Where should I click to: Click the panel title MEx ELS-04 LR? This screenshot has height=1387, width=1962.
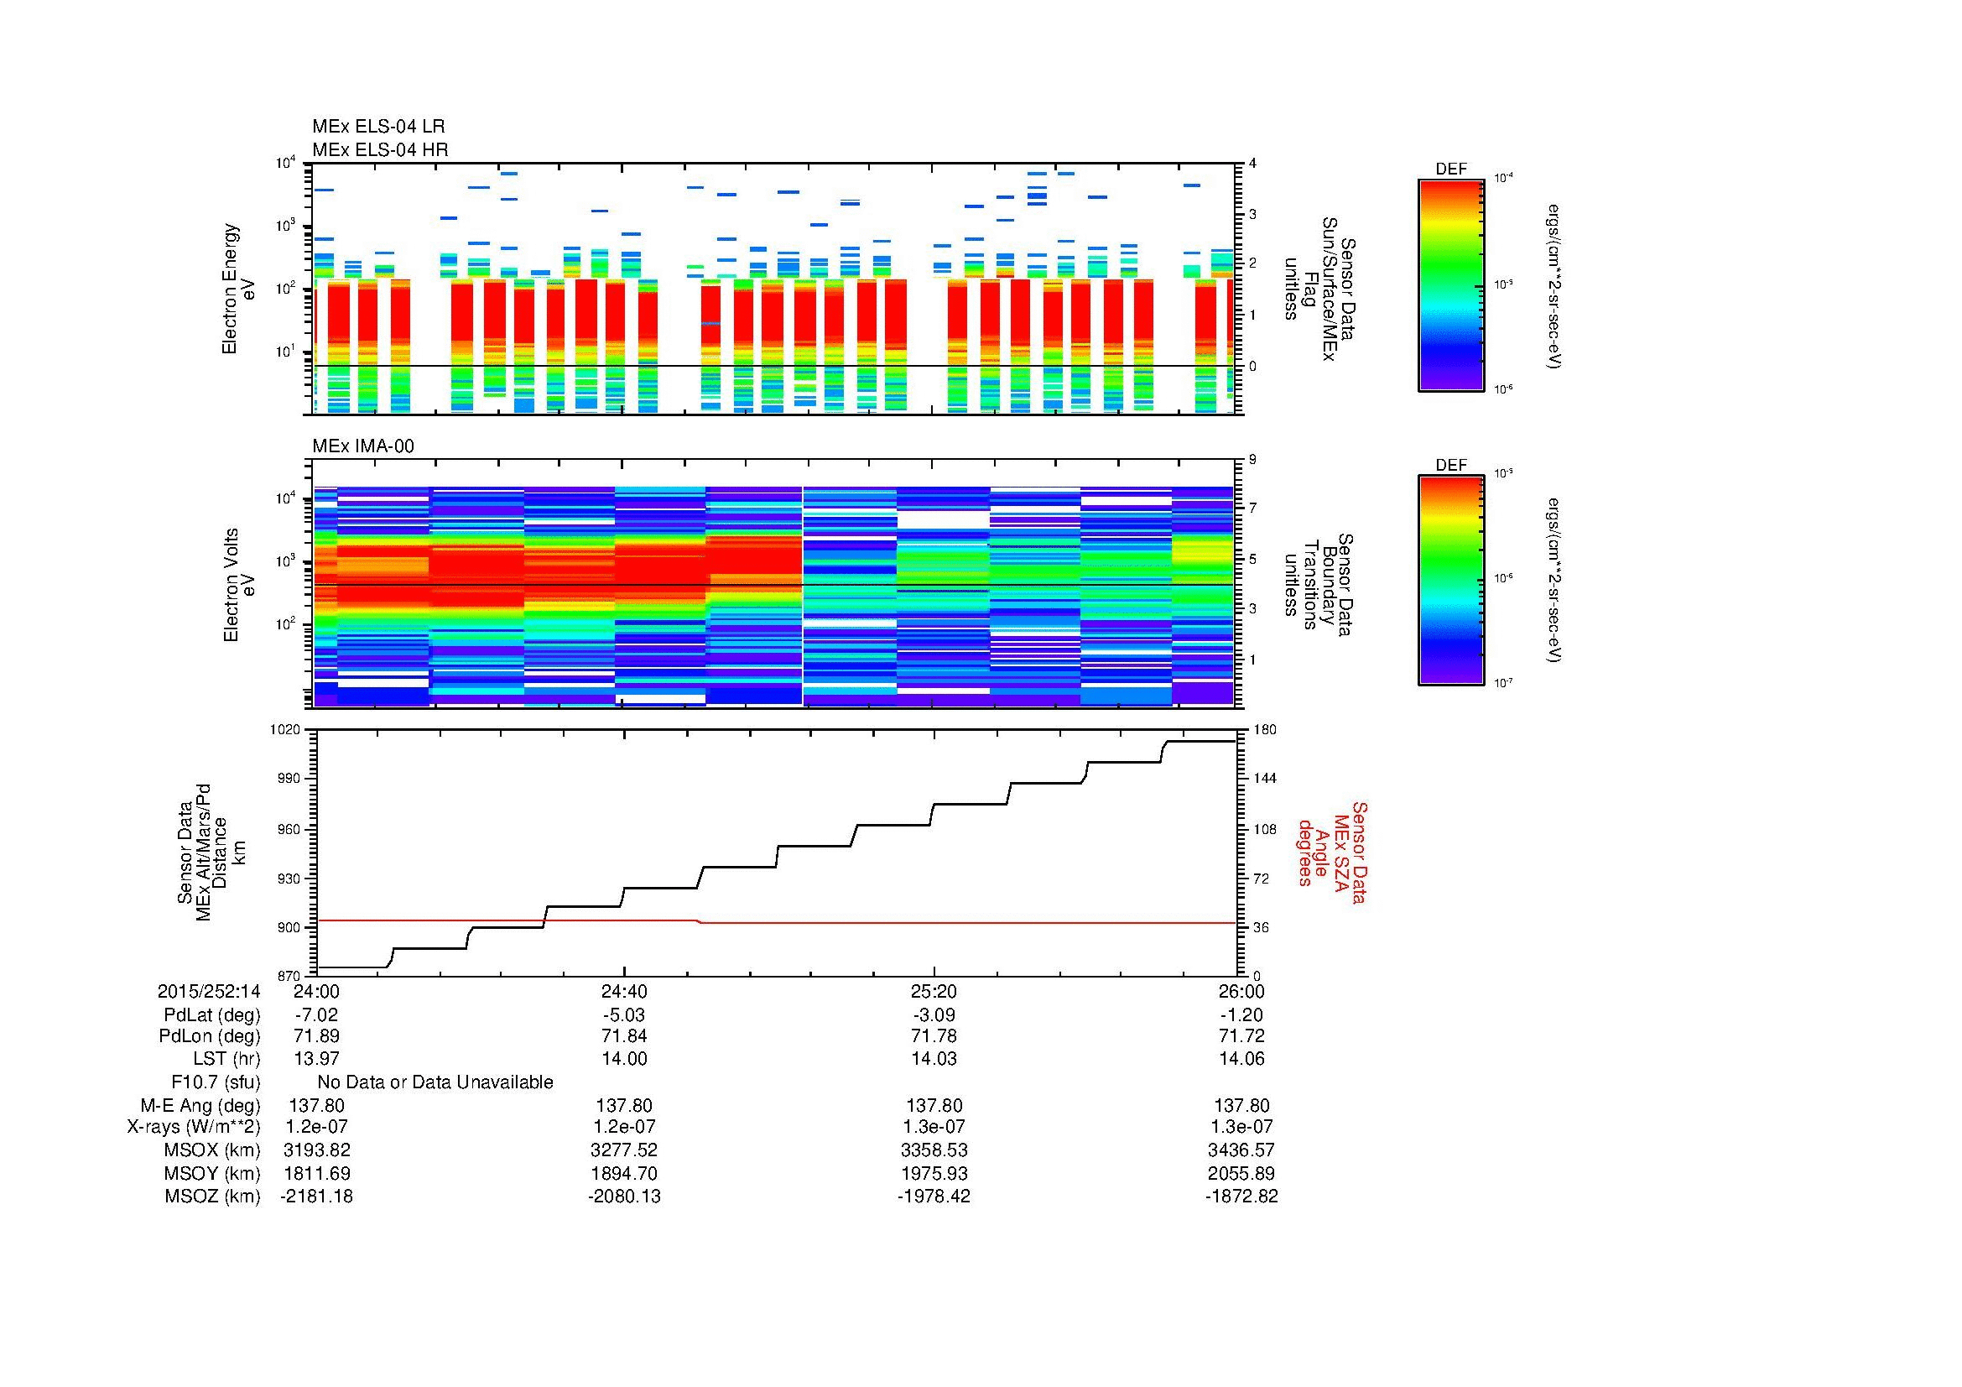click(378, 127)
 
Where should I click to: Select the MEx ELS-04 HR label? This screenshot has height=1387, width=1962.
click(380, 149)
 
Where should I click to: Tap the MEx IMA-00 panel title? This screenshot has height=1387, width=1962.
click(363, 446)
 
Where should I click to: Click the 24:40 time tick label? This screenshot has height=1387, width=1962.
click(625, 991)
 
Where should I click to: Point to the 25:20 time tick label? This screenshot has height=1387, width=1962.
click(934, 991)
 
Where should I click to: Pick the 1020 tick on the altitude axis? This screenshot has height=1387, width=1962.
click(284, 730)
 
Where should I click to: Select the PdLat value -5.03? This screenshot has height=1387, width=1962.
click(625, 1015)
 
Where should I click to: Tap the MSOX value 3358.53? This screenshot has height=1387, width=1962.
click(934, 1150)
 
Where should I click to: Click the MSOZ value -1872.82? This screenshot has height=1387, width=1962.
click(1241, 1197)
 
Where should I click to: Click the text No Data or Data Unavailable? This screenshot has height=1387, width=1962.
click(435, 1082)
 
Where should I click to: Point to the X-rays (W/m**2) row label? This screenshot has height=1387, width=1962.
click(194, 1127)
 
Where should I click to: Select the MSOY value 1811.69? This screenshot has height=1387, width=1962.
click(316, 1173)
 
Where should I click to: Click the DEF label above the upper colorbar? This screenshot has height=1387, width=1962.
click(1451, 169)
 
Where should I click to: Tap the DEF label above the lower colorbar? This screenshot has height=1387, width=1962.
click(1451, 465)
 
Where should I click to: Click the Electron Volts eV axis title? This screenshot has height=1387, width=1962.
click(239, 585)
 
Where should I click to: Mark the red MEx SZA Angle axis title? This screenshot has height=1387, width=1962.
click(1331, 852)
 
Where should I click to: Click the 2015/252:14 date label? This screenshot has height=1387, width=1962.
click(209, 991)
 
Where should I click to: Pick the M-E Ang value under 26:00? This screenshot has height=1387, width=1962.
click(1241, 1106)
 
